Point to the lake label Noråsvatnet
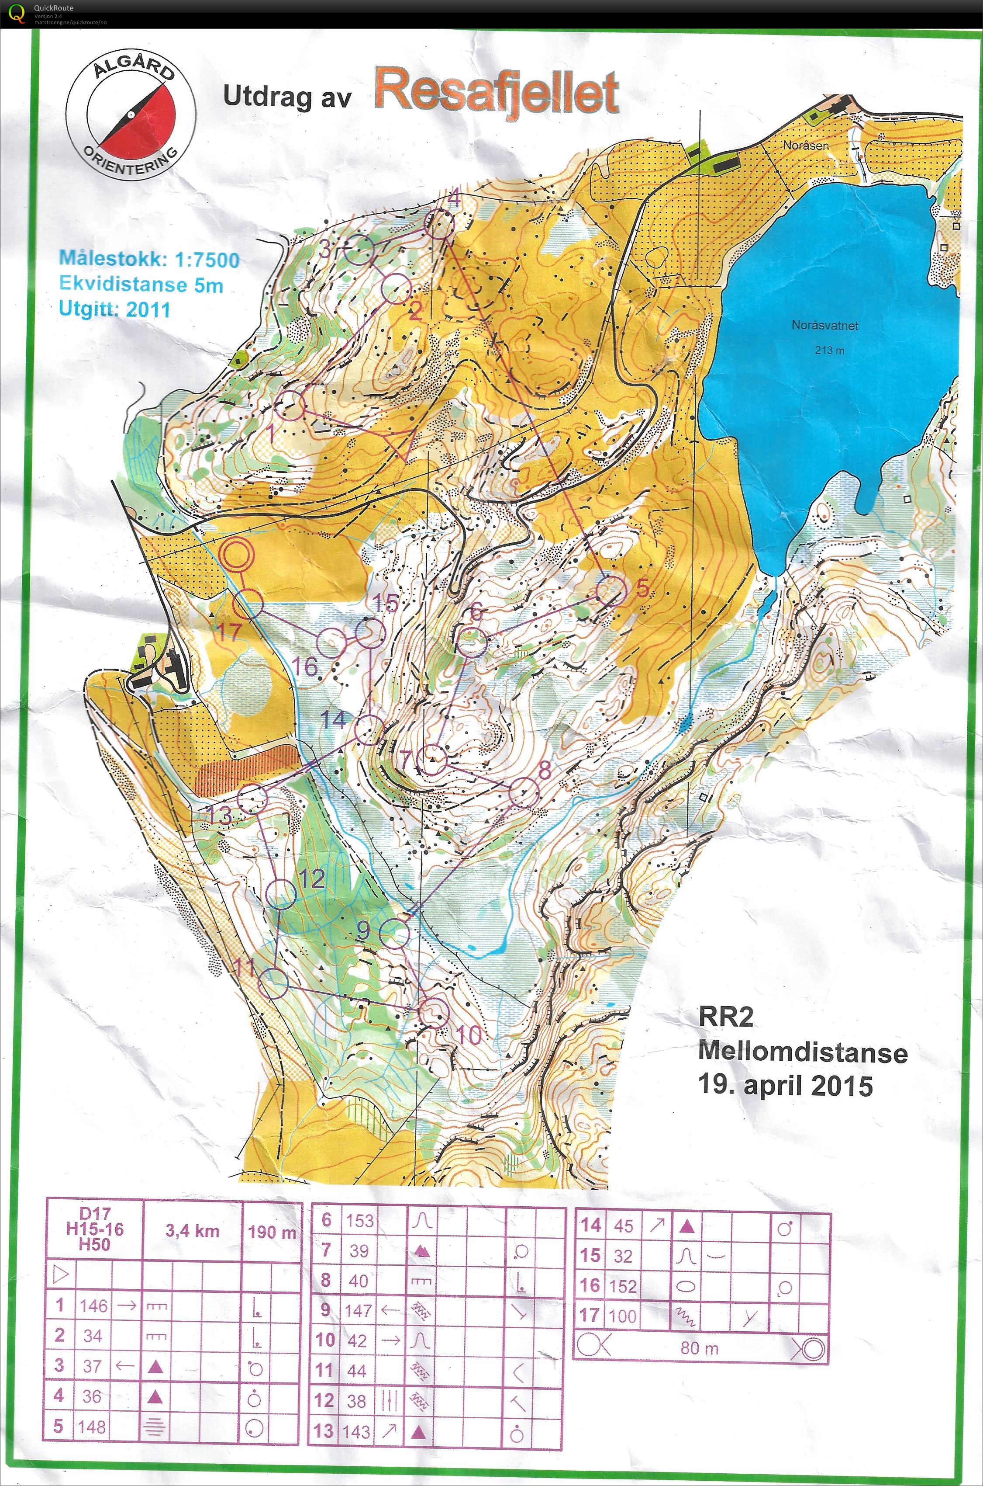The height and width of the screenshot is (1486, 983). point(824,326)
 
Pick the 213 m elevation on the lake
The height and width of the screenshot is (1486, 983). point(829,350)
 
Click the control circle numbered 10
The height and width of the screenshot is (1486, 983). point(433,1012)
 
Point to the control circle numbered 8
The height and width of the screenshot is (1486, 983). point(524,793)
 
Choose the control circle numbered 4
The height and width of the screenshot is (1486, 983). point(440,224)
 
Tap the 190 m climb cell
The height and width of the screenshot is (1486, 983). point(272,1231)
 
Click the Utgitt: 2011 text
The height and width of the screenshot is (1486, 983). point(115,309)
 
